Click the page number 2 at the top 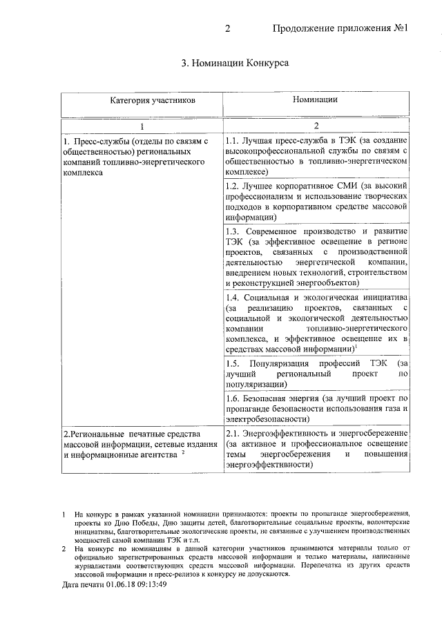227,29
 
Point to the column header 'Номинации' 315,100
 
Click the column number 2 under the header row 316,126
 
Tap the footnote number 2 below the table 63,549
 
